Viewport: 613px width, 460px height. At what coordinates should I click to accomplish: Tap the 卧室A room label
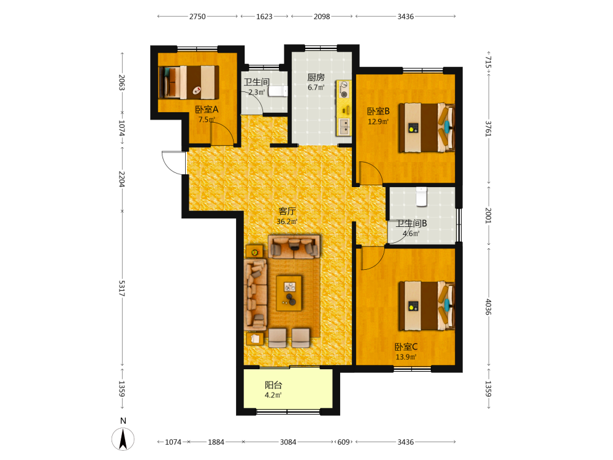207,110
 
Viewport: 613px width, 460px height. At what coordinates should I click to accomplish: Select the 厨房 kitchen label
316,77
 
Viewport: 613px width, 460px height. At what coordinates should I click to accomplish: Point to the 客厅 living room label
287,211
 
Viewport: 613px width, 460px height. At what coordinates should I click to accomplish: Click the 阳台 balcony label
273,385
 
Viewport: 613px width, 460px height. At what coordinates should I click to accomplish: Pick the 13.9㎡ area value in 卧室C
406,357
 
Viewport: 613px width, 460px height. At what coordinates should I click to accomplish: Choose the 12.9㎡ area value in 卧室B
378,121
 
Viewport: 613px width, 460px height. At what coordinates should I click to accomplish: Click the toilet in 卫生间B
421,197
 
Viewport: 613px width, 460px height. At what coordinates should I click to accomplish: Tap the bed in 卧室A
189,82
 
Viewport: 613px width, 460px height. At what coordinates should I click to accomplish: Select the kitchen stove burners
344,90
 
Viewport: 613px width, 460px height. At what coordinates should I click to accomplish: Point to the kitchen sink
344,126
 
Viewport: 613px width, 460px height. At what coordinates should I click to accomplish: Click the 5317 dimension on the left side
121,288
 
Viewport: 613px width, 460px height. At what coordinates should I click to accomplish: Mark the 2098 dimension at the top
322,17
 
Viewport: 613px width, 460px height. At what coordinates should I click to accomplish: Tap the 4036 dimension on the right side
489,307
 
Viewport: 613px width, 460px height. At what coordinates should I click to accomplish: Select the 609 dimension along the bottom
343,442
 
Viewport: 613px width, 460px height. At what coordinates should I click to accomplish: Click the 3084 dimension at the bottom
288,442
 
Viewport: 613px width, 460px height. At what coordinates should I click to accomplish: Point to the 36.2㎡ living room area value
287,222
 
